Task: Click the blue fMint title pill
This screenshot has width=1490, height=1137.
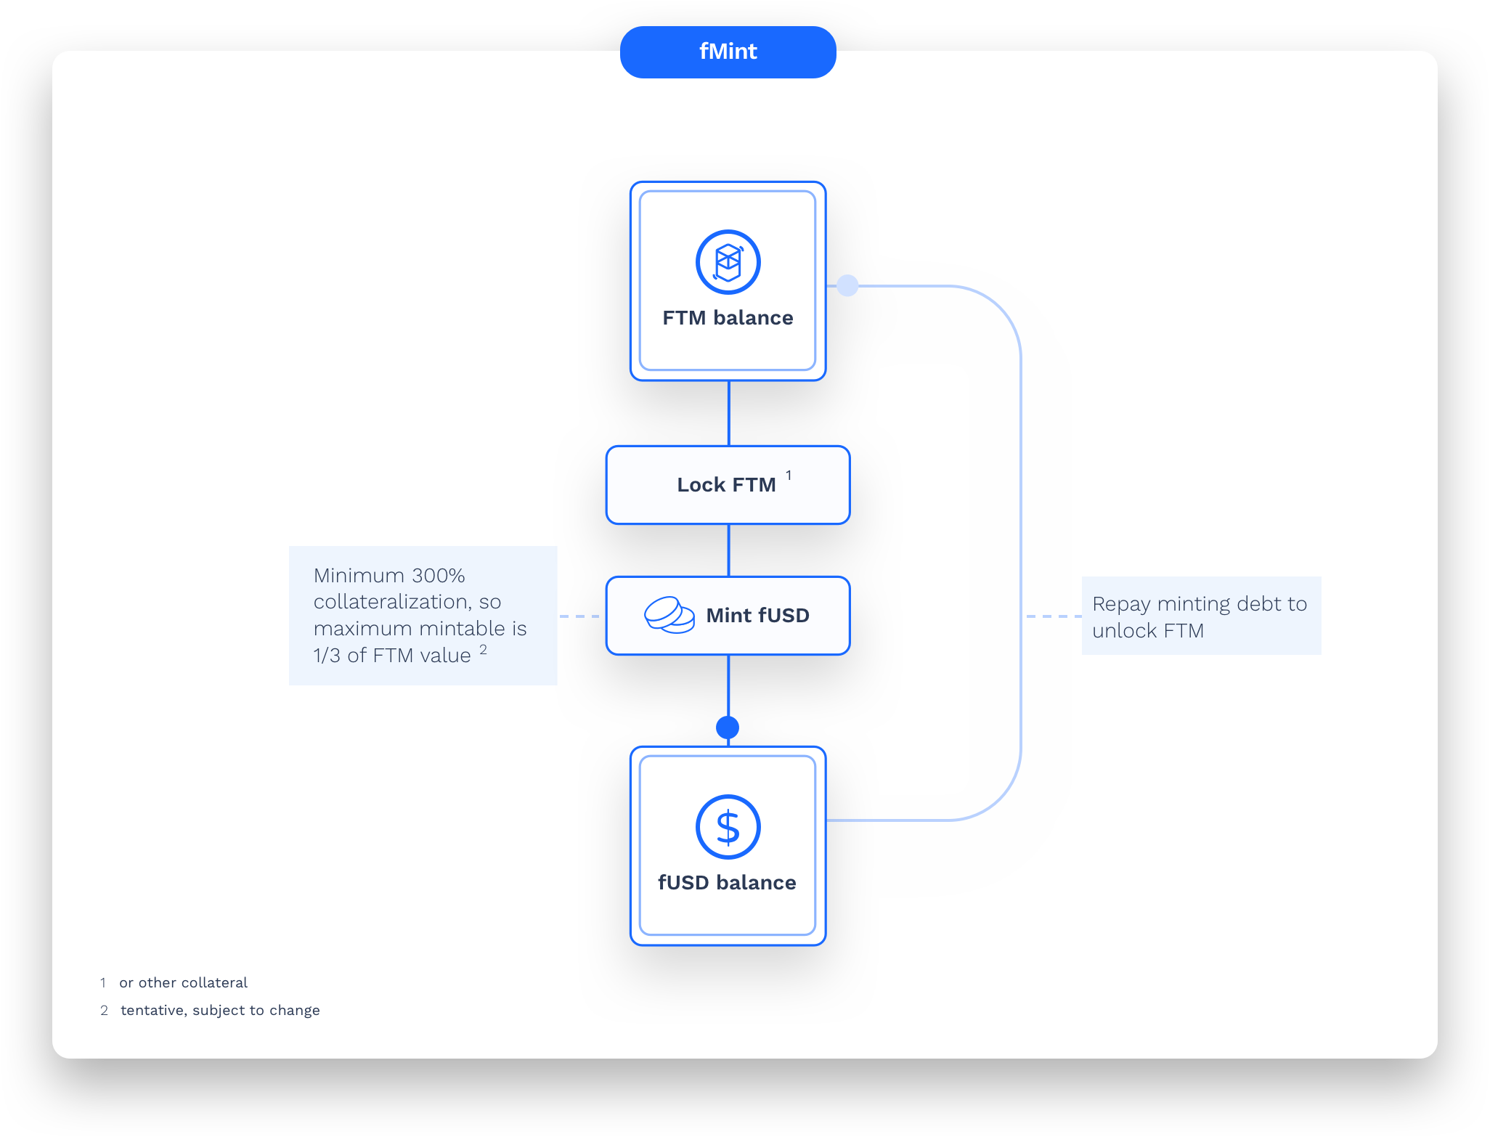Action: pyautogui.click(x=728, y=52)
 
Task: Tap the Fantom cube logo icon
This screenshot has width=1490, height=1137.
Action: pyautogui.click(x=728, y=262)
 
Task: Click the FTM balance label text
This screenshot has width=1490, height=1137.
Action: pyautogui.click(x=728, y=318)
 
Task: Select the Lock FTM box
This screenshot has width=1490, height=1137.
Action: pyautogui.click(x=728, y=485)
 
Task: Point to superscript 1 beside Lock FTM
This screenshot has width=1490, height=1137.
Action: pyautogui.click(x=789, y=476)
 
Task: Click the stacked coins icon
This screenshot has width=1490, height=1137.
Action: pyautogui.click(x=669, y=615)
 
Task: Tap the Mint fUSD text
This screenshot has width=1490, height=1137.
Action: pyautogui.click(x=757, y=616)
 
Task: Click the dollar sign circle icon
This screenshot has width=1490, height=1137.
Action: pyautogui.click(x=728, y=827)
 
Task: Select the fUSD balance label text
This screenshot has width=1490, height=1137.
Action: pyautogui.click(x=727, y=883)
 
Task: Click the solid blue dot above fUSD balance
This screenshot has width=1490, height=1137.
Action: pyautogui.click(x=728, y=727)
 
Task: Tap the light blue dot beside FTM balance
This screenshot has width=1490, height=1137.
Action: pyautogui.click(x=847, y=285)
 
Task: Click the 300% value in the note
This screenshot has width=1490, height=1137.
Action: pyautogui.click(x=438, y=576)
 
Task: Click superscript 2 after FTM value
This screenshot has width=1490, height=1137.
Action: pyautogui.click(x=483, y=649)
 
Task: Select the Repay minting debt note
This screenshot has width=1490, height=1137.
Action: pyautogui.click(x=1200, y=616)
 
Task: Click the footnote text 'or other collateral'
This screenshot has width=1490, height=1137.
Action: pyautogui.click(x=183, y=983)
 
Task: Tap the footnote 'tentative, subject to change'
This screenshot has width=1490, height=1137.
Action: pyautogui.click(x=220, y=1011)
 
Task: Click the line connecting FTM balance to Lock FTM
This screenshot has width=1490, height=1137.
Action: pyautogui.click(x=728, y=413)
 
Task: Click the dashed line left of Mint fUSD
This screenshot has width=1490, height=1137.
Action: pyautogui.click(x=581, y=616)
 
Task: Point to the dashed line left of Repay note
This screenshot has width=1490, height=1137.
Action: pyautogui.click(x=1053, y=616)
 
